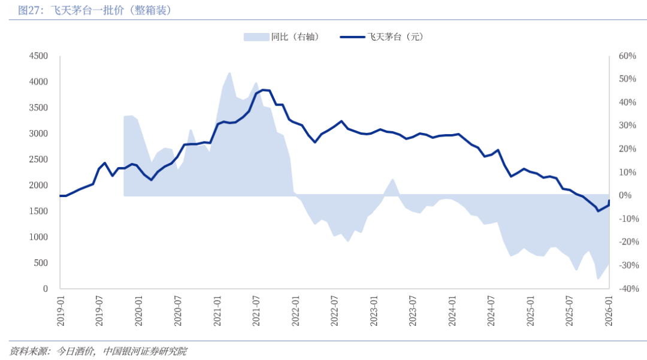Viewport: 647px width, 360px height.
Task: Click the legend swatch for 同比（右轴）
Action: pyautogui.click(x=256, y=37)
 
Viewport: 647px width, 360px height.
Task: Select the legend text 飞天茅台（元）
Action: pyautogui.click(x=395, y=37)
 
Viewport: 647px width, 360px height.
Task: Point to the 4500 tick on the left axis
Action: pyautogui.click(x=38, y=56)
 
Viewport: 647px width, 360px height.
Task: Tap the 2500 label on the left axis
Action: pyautogui.click(x=38, y=160)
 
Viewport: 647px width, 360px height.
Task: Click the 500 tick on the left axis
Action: pyautogui.click(x=41, y=264)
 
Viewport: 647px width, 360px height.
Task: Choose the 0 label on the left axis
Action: pyautogui.click(x=45, y=289)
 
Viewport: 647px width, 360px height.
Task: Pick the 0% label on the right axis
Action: pyautogui.click(x=624, y=196)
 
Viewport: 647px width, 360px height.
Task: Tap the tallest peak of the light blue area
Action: pyautogui.click(x=230, y=72)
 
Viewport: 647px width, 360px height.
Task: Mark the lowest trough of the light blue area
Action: pyautogui.click(x=597, y=279)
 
